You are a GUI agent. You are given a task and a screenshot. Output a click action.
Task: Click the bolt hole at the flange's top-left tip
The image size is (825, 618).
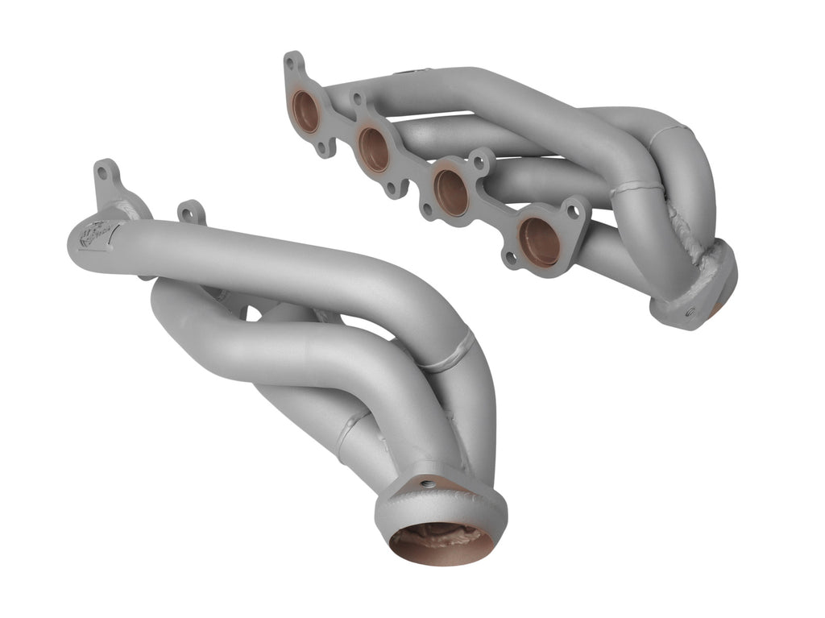coord(291,62)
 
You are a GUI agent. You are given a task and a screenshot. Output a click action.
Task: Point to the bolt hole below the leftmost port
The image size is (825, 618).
coord(325,149)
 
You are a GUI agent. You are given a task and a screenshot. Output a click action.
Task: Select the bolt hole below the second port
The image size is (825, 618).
coord(392,189)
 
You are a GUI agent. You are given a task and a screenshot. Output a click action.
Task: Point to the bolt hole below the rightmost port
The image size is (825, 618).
coord(511,259)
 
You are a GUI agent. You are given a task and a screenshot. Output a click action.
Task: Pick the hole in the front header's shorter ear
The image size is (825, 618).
coord(189,214)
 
